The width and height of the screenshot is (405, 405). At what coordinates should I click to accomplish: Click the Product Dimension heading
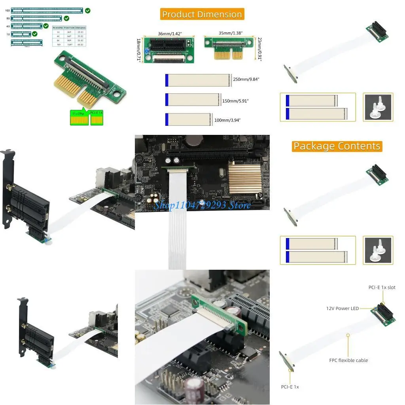[202, 15]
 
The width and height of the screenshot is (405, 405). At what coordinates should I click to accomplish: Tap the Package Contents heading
[337, 146]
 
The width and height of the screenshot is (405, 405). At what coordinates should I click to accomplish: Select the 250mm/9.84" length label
[246, 79]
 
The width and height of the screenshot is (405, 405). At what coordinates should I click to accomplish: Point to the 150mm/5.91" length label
[236, 101]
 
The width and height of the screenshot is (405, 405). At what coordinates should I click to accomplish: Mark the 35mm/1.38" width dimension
[231, 34]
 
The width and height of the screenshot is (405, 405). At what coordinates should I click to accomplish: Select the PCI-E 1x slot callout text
[382, 288]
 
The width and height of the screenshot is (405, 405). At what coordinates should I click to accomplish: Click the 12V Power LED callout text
[343, 308]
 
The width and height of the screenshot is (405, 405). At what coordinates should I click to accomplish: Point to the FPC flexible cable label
[348, 360]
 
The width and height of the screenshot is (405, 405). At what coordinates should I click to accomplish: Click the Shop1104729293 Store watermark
[202, 205]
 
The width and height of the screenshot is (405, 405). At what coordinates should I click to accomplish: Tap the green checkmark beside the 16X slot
[87, 10]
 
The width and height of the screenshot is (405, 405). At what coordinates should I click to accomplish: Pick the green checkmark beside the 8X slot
[66, 18]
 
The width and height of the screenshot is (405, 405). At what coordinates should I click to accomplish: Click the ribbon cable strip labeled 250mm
[198, 80]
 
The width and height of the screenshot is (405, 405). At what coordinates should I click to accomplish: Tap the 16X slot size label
[8, 11]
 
